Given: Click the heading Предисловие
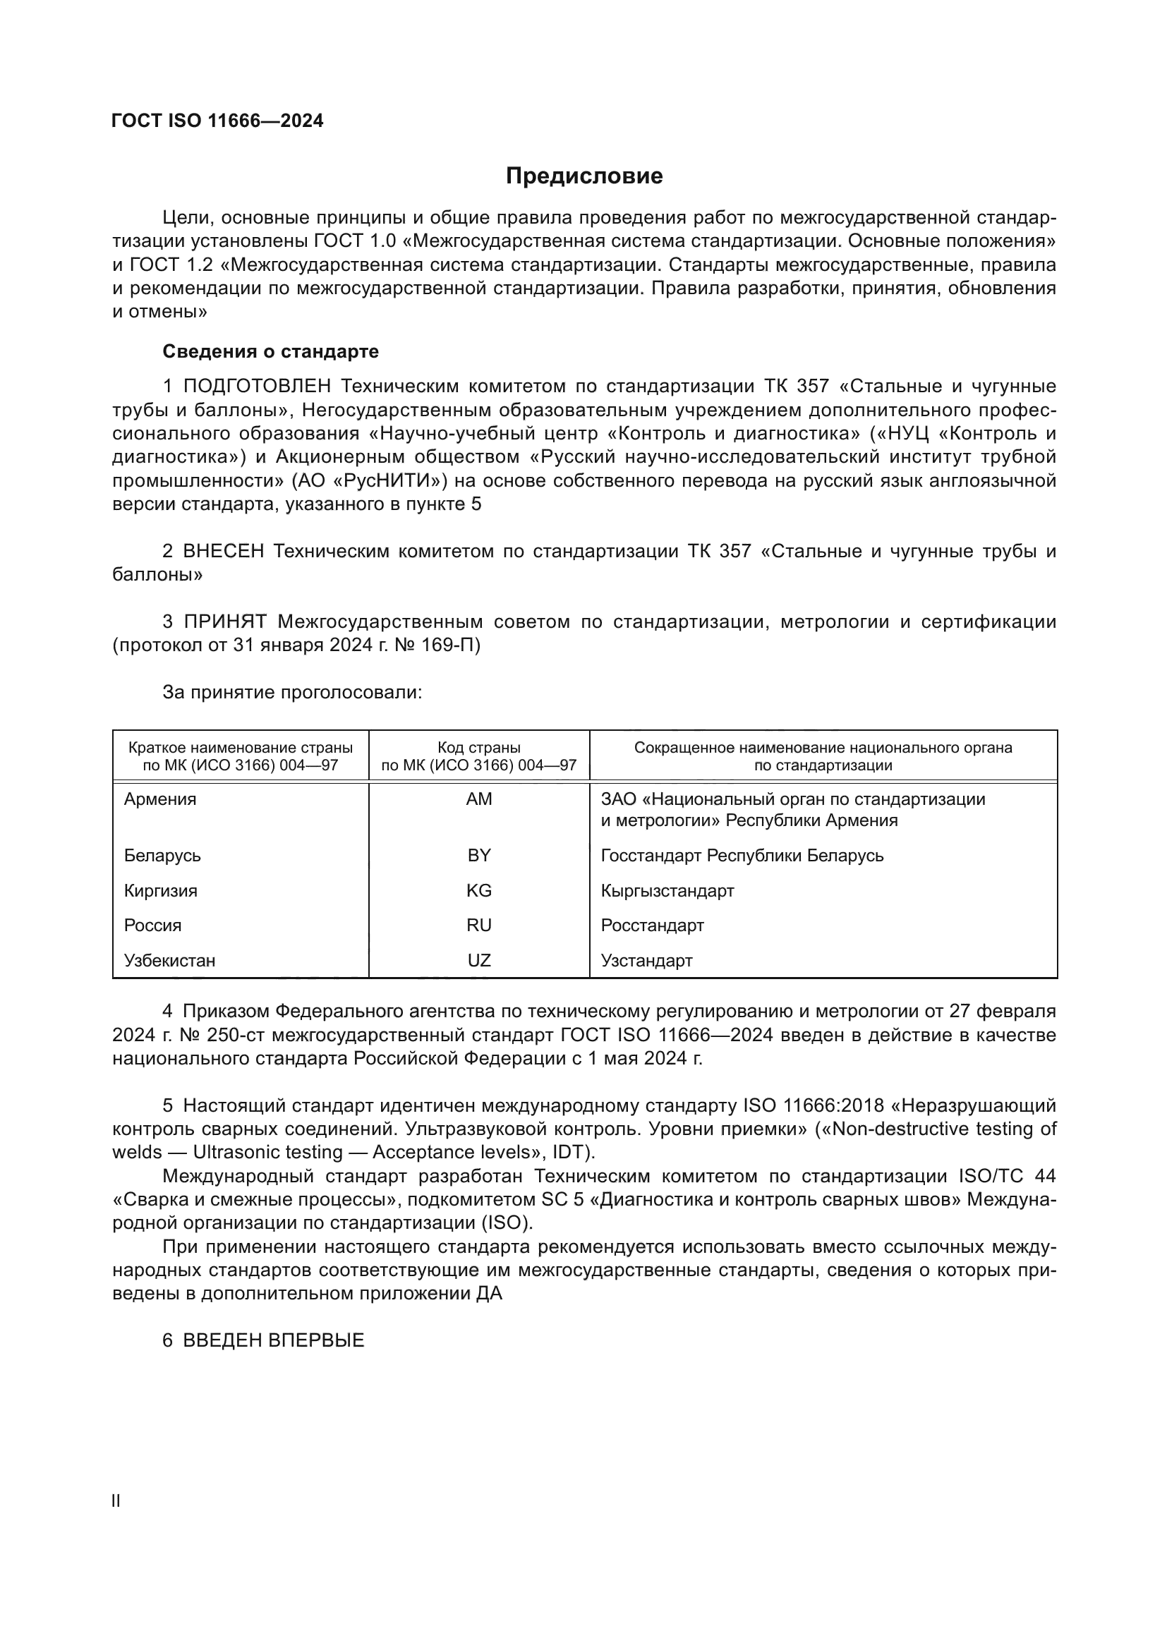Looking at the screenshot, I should point(583,176).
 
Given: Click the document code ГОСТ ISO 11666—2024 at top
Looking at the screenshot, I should point(217,121).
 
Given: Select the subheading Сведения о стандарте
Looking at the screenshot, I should point(270,351).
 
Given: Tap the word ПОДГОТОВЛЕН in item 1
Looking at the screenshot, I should point(257,387).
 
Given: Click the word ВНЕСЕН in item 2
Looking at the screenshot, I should point(224,551).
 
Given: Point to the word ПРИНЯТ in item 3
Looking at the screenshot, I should point(225,621).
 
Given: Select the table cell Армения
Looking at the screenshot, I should point(159,799).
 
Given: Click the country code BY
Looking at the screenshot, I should point(478,855).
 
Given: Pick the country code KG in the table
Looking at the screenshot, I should point(478,890).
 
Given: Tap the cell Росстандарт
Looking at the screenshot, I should point(652,926).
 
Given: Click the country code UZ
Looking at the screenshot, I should point(478,961).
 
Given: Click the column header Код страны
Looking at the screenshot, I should point(478,747).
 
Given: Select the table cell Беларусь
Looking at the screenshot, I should point(162,855).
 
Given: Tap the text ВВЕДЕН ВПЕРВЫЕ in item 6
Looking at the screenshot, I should point(273,1340).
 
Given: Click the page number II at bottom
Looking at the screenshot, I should point(116,1500).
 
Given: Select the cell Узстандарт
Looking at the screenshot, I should point(646,961).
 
